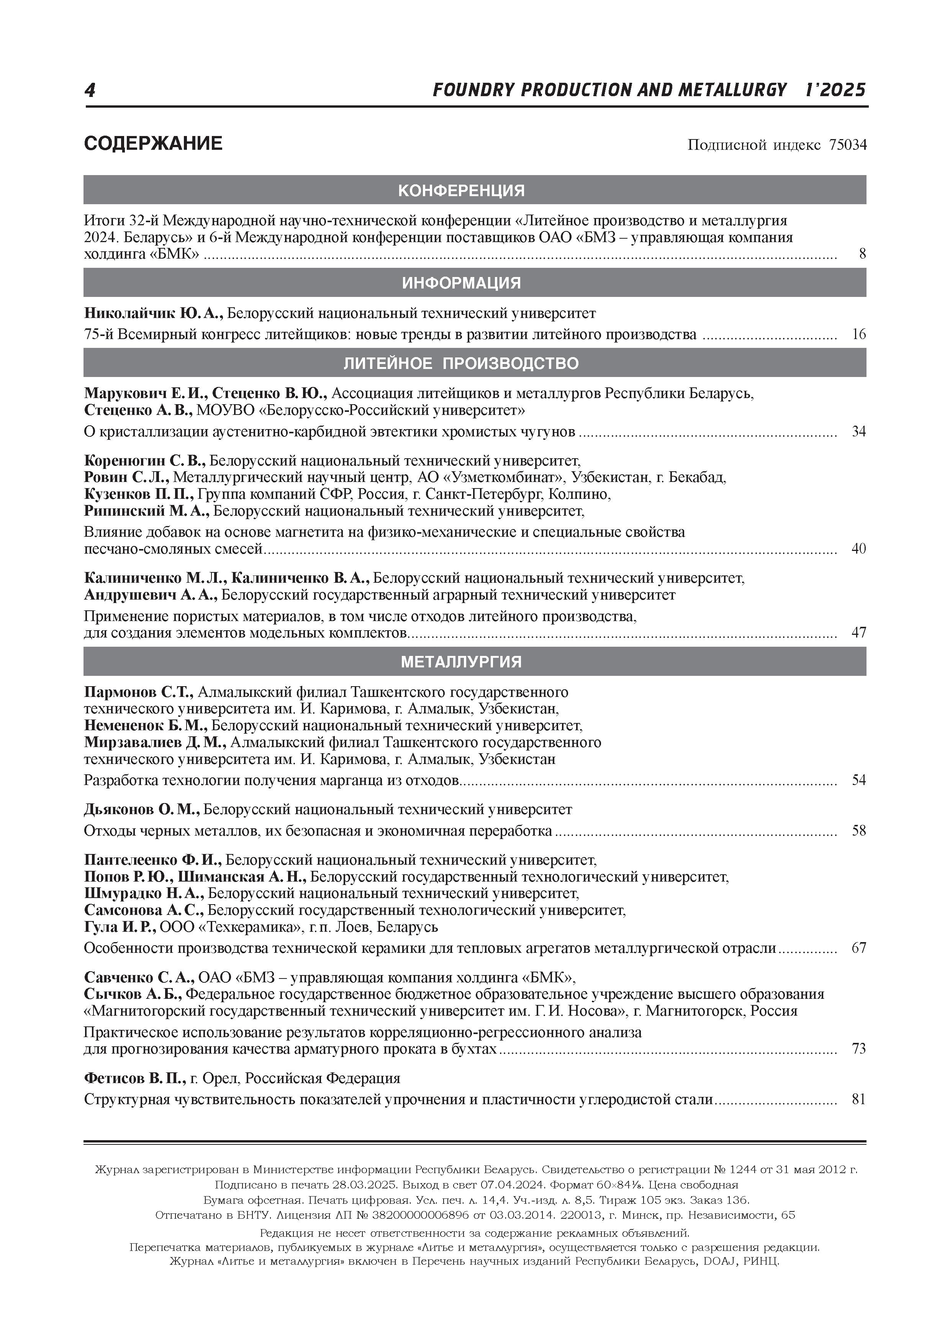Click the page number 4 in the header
pos(90,90)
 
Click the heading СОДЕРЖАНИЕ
pos(153,143)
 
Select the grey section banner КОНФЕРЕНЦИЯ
pos(475,190)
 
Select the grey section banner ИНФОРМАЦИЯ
pos(475,283)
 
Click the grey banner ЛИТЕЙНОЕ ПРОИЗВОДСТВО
pos(475,363)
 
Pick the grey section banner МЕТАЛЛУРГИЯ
pos(475,661)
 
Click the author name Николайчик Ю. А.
pos(153,313)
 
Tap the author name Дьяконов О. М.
pos(142,810)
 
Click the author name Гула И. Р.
pos(120,927)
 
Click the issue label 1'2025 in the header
pos(836,90)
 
